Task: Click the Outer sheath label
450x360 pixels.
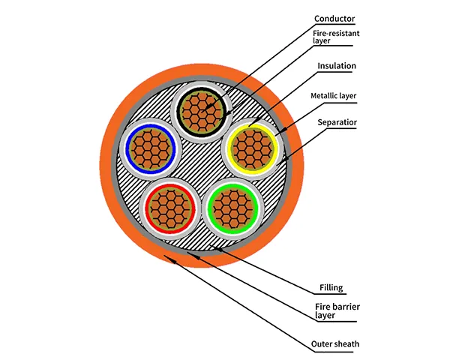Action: [x=335, y=344]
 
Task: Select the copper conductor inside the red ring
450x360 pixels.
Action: [x=169, y=204]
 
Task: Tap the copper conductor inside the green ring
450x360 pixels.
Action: [x=233, y=204]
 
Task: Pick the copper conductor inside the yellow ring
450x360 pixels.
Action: [x=250, y=147]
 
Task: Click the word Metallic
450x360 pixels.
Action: [x=325, y=96]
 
